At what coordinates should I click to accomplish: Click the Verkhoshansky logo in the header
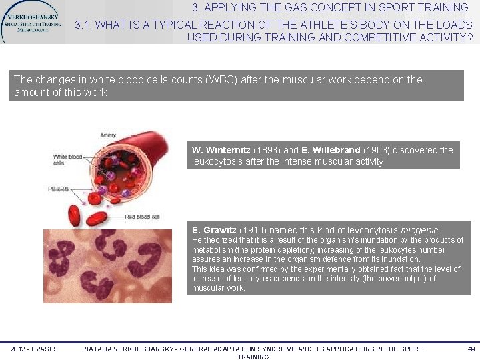32,21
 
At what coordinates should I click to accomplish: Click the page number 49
471,349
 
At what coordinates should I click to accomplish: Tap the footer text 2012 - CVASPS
34,349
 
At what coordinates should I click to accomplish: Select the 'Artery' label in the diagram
108,135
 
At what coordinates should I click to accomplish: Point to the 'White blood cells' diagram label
68,160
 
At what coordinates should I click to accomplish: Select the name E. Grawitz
214,230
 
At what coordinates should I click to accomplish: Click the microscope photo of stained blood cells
107,266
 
